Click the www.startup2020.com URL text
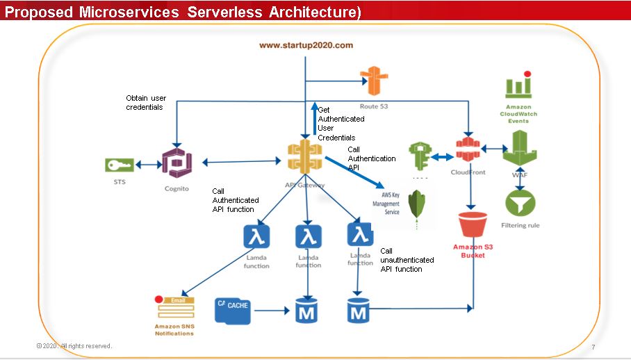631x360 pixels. pos(306,45)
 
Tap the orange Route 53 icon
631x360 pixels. pos(373,83)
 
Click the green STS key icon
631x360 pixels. pos(119,165)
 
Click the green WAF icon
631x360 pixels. pos(520,147)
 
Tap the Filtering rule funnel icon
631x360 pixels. pos(520,204)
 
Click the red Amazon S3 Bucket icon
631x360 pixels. pos(474,226)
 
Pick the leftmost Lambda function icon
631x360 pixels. pos(256,237)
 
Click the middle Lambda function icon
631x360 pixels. pos(309,237)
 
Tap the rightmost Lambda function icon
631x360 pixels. pos(360,236)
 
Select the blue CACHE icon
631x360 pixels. pos(232,309)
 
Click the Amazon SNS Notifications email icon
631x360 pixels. pos(174,306)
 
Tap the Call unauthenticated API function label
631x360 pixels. pos(407,260)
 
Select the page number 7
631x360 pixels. pos(593,347)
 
